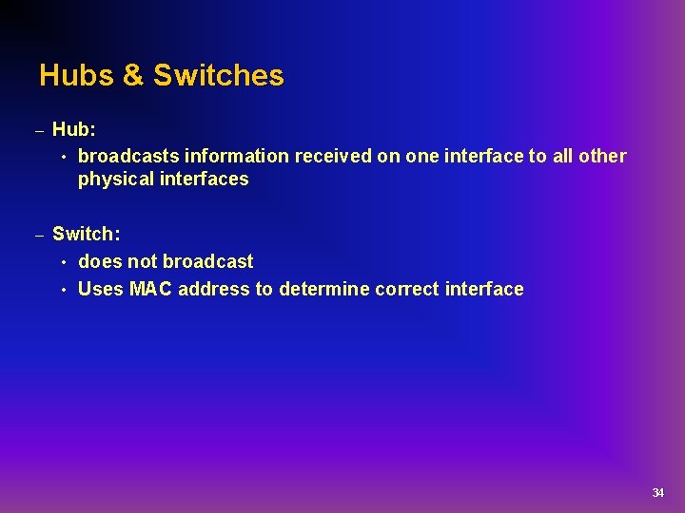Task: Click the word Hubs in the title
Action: click(x=76, y=75)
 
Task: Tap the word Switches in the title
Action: click(x=218, y=75)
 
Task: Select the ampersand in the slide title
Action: click(x=132, y=75)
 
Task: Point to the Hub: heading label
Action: click(x=73, y=128)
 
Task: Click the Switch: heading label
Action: click(x=86, y=234)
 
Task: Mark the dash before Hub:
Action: click(x=40, y=129)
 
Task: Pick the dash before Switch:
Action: click(x=40, y=235)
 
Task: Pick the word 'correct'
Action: click(x=407, y=289)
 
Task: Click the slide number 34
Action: click(x=657, y=492)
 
